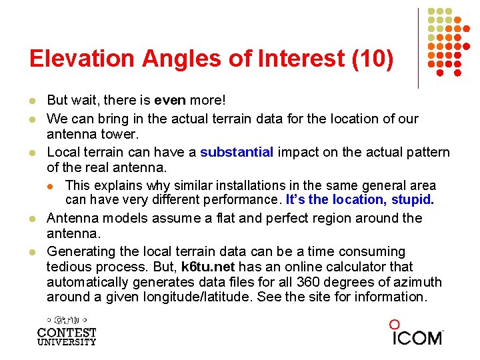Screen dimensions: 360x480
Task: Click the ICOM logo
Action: pyautogui.click(x=417, y=333)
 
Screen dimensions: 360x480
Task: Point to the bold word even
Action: pyautogui.click(x=169, y=100)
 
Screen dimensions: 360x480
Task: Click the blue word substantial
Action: pyautogui.click(x=237, y=152)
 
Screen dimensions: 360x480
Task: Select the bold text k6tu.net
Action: pyautogui.click(x=207, y=267)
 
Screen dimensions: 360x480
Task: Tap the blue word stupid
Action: pyautogui.click(x=413, y=199)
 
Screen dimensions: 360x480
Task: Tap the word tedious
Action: pyautogui.click(x=69, y=267)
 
